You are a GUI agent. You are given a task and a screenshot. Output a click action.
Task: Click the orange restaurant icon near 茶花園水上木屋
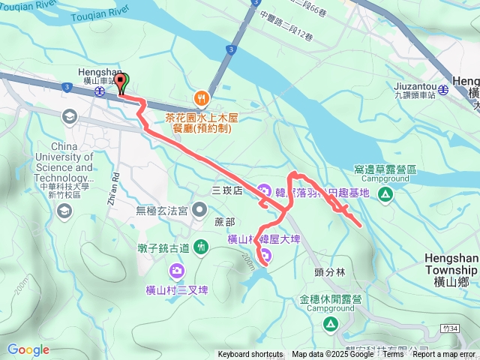(x=201, y=97)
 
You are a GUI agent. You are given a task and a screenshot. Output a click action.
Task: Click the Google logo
(x=28, y=349)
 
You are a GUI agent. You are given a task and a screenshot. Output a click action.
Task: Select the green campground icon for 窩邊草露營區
(x=385, y=195)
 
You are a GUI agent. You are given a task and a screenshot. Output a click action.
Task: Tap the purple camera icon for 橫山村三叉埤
(x=176, y=270)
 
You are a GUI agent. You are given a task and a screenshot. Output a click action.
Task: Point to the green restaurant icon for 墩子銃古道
(x=201, y=246)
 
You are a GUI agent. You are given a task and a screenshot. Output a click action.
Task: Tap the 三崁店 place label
(x=227, y=191)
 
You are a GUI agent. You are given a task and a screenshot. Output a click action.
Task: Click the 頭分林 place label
(x=329, y=273)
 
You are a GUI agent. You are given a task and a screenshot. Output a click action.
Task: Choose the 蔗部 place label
(x=225, y=222)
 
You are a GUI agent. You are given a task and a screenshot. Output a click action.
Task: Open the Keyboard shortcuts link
(x=250, y=355)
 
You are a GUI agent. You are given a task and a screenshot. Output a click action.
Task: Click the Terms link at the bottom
(x=392, y=355)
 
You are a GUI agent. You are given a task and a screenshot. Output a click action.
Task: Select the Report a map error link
(x=444, y=355)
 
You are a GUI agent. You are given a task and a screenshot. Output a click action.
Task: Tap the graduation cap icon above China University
(x=70, y=115)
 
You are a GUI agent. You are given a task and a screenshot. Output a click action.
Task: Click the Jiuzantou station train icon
(x=443, y=90)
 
